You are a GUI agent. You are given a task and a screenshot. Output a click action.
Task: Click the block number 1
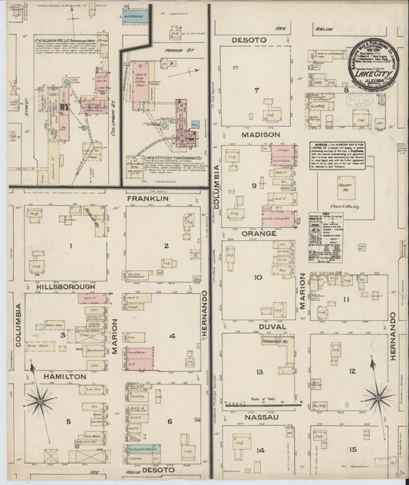[x=71, y=246]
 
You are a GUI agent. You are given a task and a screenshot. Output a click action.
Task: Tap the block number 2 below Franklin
[x=166, y=246]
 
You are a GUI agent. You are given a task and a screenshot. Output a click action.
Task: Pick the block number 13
[x=260, y=371]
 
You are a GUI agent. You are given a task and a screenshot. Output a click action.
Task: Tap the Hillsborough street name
[x=65, y=286]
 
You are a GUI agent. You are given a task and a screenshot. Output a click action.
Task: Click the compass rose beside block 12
[x=377, y=397]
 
